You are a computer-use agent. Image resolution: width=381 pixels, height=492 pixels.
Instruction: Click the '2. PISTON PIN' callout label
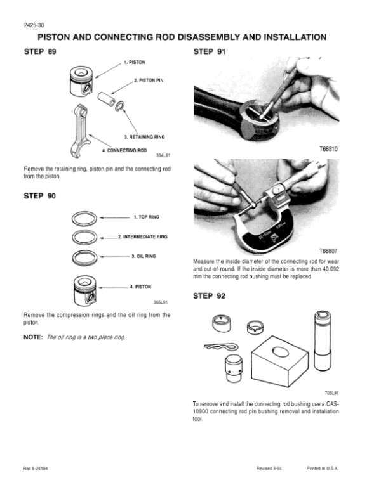tap(149, 81)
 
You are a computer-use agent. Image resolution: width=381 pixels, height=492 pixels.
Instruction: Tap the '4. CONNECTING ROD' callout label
tap(124, 149)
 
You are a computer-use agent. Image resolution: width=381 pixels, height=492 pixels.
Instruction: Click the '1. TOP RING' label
tap(147, 217)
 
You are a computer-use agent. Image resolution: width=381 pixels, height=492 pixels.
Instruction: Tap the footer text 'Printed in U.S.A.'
tap(323, 468)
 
